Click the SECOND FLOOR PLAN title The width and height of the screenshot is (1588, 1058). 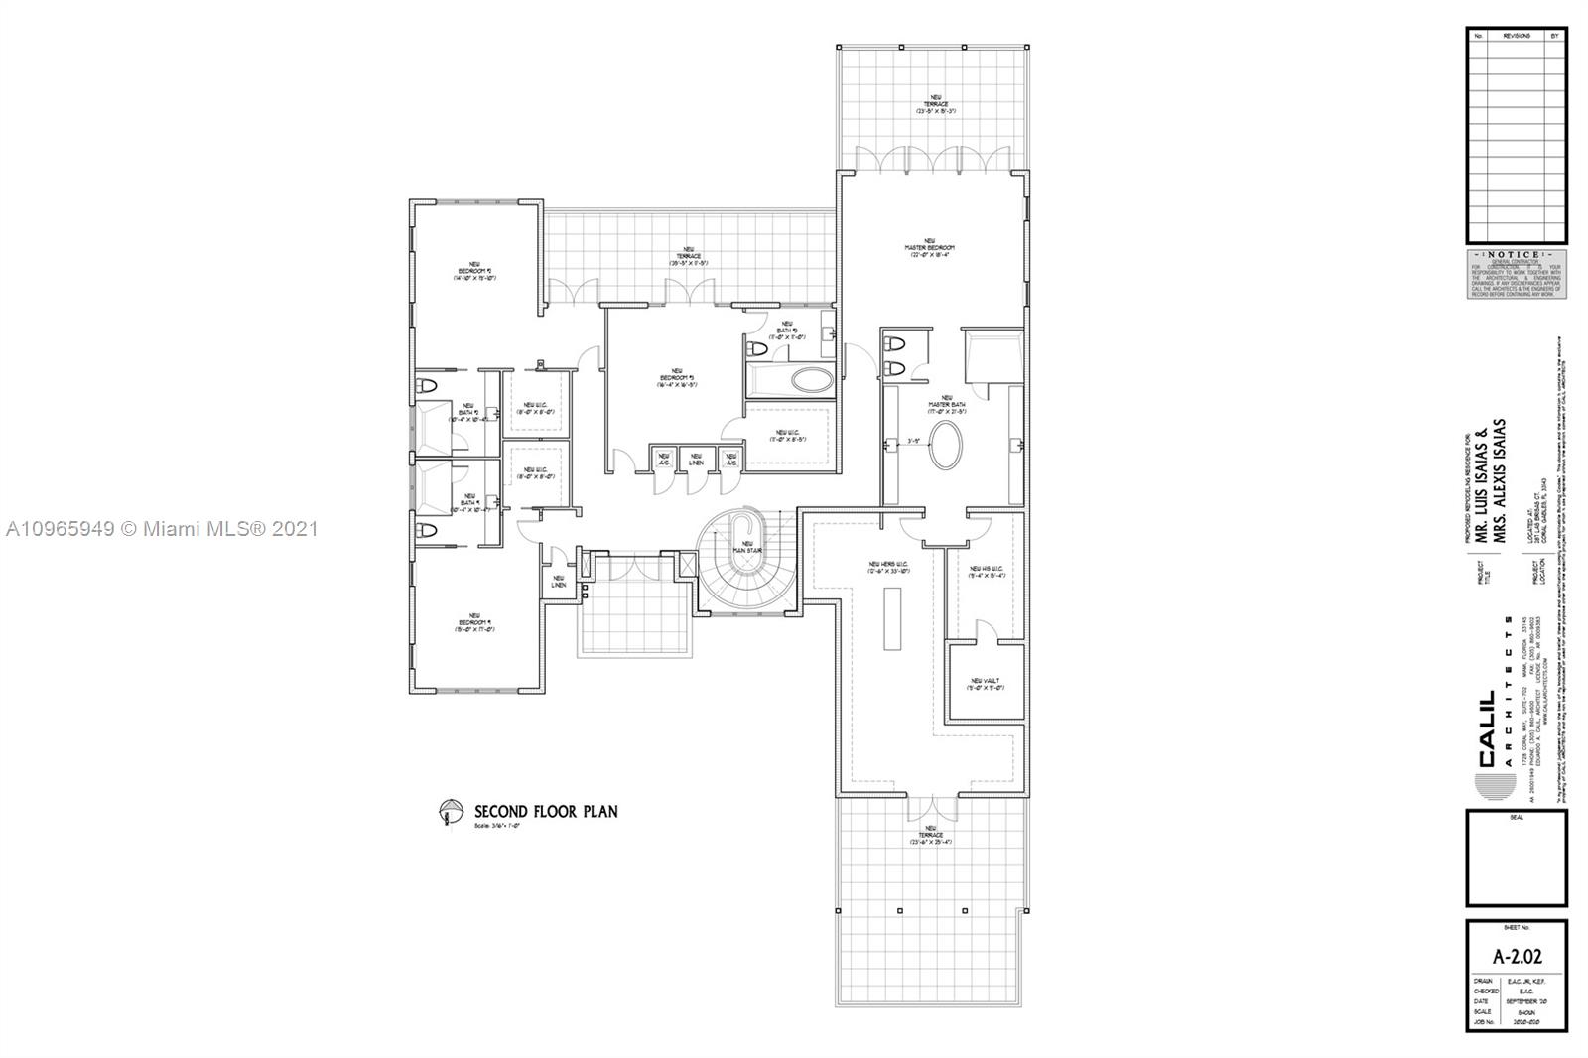(546, 811)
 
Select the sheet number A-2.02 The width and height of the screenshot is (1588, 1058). (1517, 957)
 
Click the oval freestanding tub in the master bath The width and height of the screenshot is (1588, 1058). (944, 447)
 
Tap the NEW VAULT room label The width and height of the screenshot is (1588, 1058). (987, 684)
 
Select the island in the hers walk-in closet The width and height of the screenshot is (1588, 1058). (891, 618)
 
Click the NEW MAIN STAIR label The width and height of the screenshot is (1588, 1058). (747, 547)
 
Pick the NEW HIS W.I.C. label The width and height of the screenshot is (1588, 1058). (987, 571)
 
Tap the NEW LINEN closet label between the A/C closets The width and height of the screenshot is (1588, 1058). (696, 460)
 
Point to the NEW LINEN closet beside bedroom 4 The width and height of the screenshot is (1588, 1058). (559, 581)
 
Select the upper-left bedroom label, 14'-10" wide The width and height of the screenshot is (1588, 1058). (474, 273)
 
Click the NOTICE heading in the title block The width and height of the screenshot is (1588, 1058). (1516, 255)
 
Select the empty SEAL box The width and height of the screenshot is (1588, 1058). (1517, 860)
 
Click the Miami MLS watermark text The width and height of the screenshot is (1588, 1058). (162, 529)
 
